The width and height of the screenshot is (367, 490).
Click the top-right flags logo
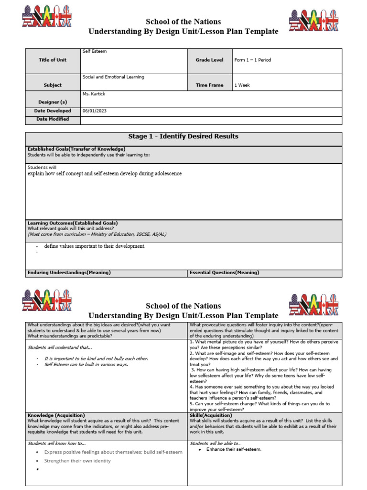(314, 21)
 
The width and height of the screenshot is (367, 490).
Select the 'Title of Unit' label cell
(53, 60)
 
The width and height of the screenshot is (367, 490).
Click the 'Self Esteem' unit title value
(95, 51)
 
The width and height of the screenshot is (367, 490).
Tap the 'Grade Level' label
(209, 60)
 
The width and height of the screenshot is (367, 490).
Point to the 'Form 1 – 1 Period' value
(253, 60)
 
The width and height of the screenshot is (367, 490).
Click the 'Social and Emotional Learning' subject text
(113, 77)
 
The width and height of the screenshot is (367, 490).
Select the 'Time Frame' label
(209, 85)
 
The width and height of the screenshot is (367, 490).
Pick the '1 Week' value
(242, 85)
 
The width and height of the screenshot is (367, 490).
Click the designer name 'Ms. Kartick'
(94, 94)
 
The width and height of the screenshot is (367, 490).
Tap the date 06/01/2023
(95, 111)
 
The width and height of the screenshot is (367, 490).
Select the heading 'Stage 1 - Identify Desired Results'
(183, 136)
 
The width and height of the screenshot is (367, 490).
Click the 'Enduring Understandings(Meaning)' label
(69, 272)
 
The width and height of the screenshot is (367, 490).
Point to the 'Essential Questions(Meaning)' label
(224, 272)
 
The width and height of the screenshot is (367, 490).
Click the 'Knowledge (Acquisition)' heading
(56, 415)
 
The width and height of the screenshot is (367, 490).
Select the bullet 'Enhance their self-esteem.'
(234, 449)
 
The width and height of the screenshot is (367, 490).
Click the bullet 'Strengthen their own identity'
(77, 461)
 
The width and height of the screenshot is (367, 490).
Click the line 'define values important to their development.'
(95, 246)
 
